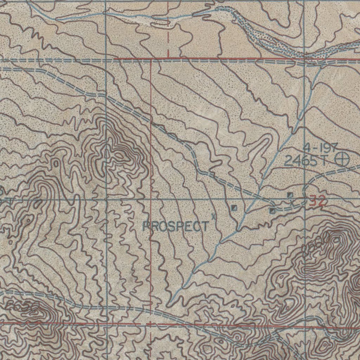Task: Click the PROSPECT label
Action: [175, 226]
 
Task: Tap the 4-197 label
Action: [321, 147]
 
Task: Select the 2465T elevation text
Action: [306, 161]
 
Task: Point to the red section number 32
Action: [317, 202]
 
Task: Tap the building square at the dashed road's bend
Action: [272, 210]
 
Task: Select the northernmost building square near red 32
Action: [290, 194]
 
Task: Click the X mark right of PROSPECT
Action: [213, 216]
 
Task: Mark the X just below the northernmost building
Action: [291, 202]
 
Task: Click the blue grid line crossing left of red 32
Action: [304, 199]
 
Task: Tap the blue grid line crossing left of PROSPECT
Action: [106, 199]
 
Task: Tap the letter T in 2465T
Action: [323, 161]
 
